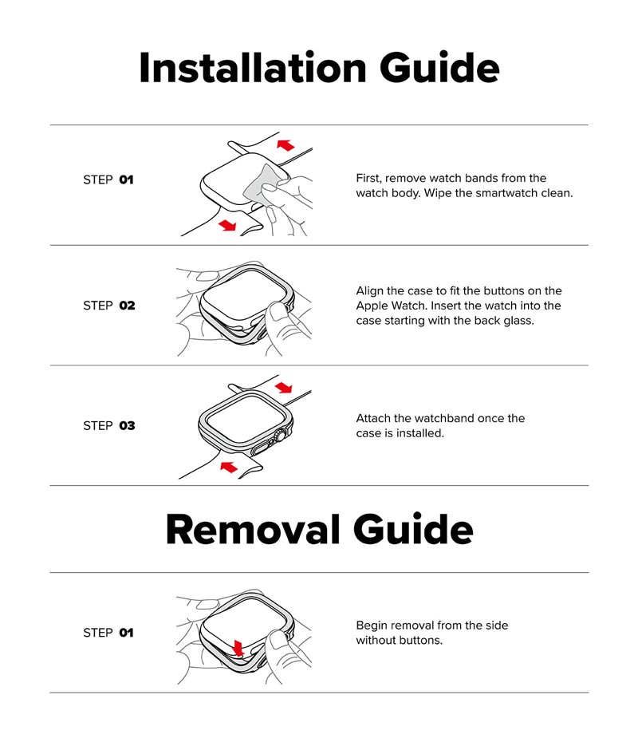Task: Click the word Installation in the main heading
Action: click(x=253, y=68)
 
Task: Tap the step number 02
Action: click(x=128, y=306)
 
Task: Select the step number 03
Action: click(x=128, y=426)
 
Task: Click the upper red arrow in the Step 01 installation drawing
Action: click(x=286, y=144)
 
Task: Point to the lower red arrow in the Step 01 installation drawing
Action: click(x=227, y=225)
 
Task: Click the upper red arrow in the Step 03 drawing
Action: click(x=284, y=388)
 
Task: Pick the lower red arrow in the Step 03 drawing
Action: click(x=229, y=467)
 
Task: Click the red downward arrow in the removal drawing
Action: click(x=238, y=648)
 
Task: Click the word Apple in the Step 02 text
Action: click(x=372, y=306)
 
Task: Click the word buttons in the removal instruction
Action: click(x=419, y=640)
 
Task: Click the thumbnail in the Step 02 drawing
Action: click(x=278, y=310)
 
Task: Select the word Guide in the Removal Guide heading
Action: click(x=413, y=529)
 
